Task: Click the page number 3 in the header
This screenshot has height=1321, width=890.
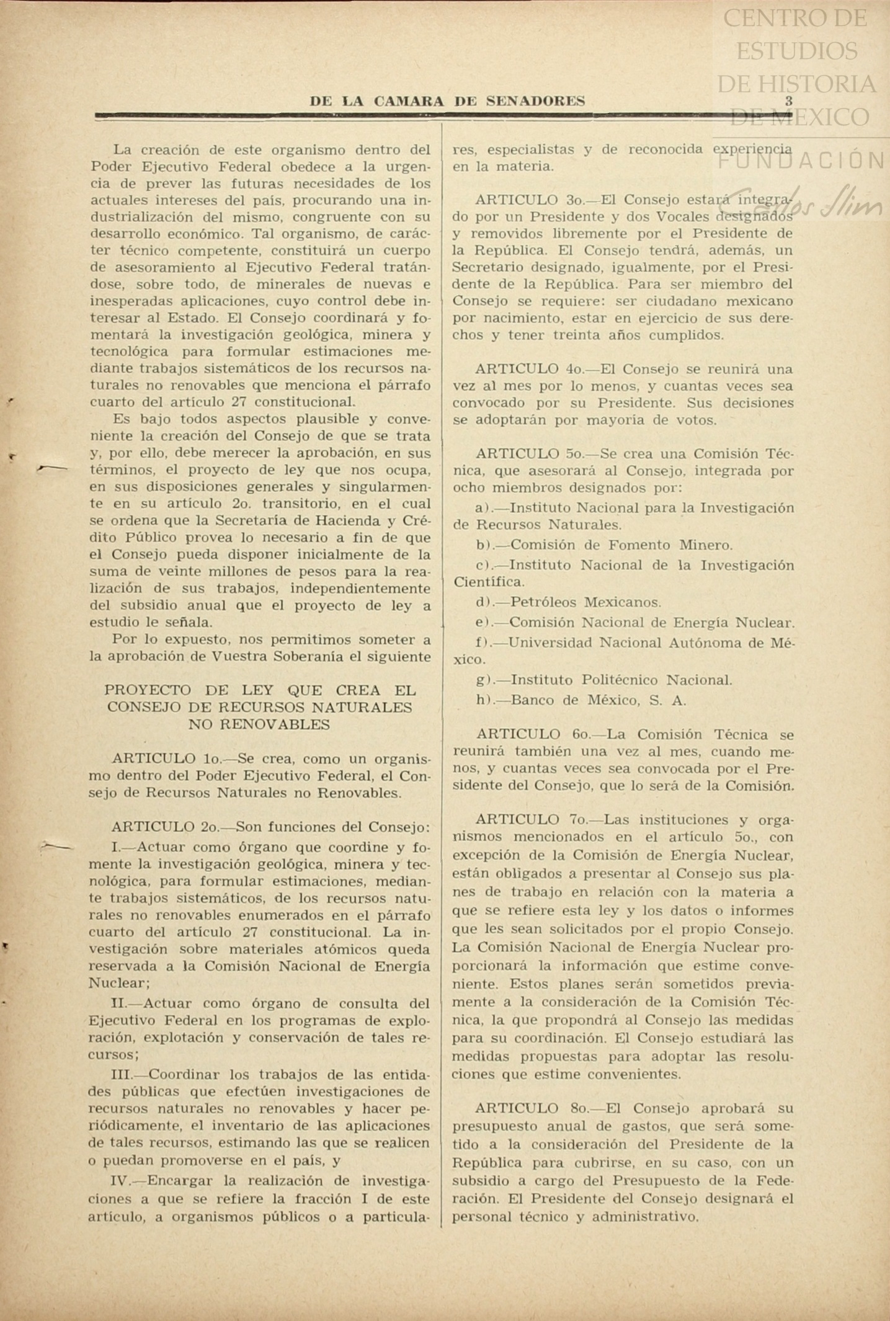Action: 789,100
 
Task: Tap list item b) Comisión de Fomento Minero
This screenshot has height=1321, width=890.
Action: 604,545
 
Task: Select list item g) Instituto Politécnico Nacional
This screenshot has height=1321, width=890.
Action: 604,680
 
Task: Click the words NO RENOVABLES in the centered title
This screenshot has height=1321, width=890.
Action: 259,724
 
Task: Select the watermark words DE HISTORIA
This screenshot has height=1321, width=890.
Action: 796,84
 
